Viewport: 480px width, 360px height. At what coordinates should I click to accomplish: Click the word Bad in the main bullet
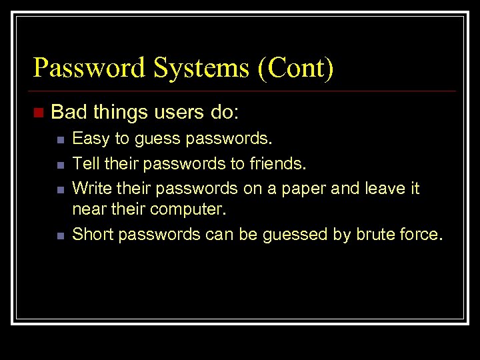tap(69, 112)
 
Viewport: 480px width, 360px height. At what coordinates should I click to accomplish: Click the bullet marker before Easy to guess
tap(59, 140)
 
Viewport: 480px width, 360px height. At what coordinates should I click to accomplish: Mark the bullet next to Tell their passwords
tap(59, 164)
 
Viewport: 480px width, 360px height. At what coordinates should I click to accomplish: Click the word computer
tap(189, 209)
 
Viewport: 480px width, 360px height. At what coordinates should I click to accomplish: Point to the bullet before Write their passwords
tap(59, 189)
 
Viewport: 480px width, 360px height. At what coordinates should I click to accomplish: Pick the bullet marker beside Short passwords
tap(59, 235)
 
